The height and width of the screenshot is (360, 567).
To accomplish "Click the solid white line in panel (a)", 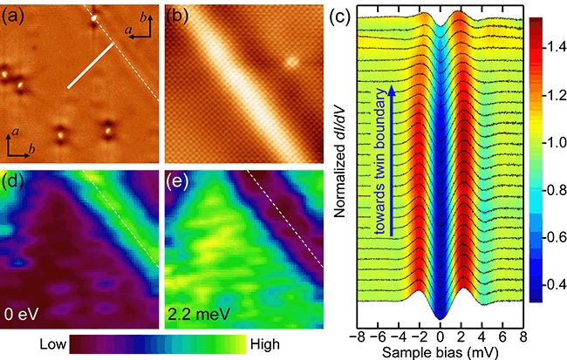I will (x=92, y=66).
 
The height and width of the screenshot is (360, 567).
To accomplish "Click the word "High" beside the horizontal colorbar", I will (x=263, y=346).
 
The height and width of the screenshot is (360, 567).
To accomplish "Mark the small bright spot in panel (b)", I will (x=293, y=62).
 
